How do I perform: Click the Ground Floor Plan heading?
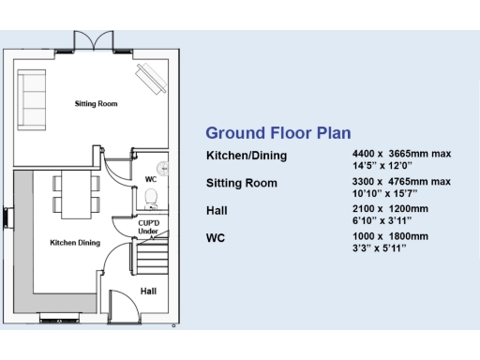[265, 133]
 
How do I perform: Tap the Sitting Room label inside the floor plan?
[97, 103]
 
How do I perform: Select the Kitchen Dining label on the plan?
[75, 243]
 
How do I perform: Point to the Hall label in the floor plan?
[148, 292]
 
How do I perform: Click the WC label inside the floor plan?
[150, 178]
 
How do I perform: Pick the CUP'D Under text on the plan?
[147, 226]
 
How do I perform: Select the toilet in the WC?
[152, 197]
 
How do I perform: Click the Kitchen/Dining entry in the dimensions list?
[246, 155]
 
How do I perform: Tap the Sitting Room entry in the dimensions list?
[241, 183]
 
